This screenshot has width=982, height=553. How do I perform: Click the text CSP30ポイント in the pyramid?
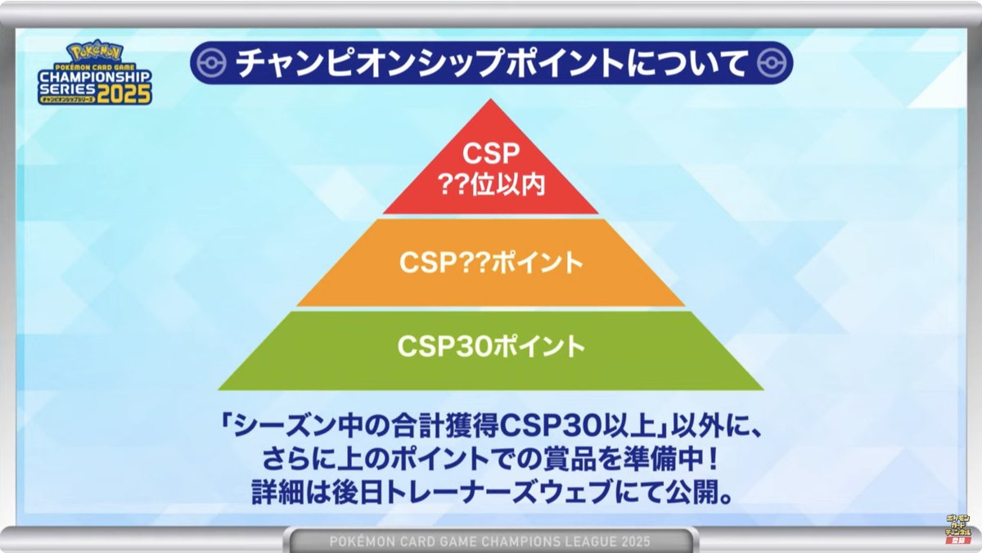[492, 346]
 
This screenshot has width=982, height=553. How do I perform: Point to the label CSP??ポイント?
[491, 263]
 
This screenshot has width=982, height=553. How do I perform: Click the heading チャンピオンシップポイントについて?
[491, 65]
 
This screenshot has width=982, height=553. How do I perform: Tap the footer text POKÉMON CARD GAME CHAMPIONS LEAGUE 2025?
[490, 541]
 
